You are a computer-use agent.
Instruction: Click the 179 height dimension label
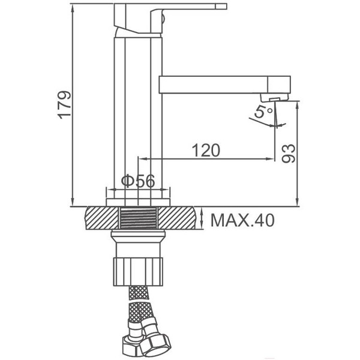click(65, 104)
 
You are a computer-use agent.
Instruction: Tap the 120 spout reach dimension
click(206, 150)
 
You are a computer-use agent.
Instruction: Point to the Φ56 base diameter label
click(138, 181)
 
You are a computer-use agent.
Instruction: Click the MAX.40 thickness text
click(242, 221)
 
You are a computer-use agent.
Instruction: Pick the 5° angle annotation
click(264, 112)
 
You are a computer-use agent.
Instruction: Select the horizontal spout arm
click(222, 85)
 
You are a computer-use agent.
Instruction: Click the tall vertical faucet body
click(138, 108)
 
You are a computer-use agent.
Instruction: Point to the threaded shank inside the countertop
click(138, 218)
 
